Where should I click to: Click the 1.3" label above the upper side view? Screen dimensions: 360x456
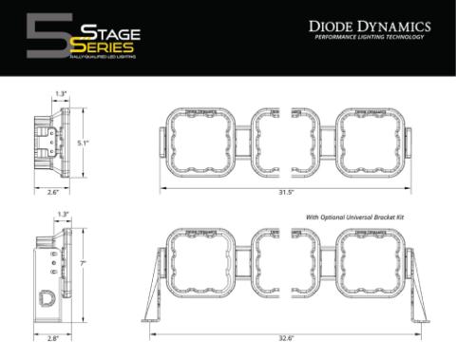point(60,94)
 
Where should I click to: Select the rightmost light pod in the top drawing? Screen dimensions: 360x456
point(369,142)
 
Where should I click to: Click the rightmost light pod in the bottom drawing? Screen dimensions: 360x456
point(369,265)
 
